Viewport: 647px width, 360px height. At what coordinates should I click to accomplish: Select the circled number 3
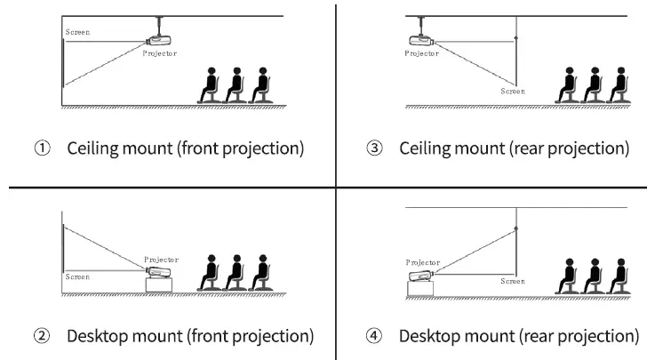click(x=375, y=148)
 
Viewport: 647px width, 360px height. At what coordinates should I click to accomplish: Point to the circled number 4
click(x=375, y=337)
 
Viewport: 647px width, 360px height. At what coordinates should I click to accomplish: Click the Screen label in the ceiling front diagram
click(x=77, y=32)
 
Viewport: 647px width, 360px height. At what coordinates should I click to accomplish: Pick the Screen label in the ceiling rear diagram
click(x=513, y=91)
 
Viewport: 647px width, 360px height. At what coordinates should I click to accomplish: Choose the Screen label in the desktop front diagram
click(x=77, y=276)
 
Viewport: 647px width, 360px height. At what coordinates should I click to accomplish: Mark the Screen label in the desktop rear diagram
click(x=512, y=281)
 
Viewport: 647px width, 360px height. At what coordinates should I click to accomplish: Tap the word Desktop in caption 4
click(x=429, y=337)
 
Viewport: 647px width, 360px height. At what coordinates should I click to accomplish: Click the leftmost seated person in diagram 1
click(x=211, y=84)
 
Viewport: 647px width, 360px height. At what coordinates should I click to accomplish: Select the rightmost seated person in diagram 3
click(x=614, y=84)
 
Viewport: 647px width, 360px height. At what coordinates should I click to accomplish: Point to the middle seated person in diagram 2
click(x=235, y=274)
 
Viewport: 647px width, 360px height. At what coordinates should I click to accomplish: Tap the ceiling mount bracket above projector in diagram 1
click(x=157, y=24)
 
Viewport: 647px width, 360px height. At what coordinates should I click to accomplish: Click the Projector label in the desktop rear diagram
click(x=422, y=262)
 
